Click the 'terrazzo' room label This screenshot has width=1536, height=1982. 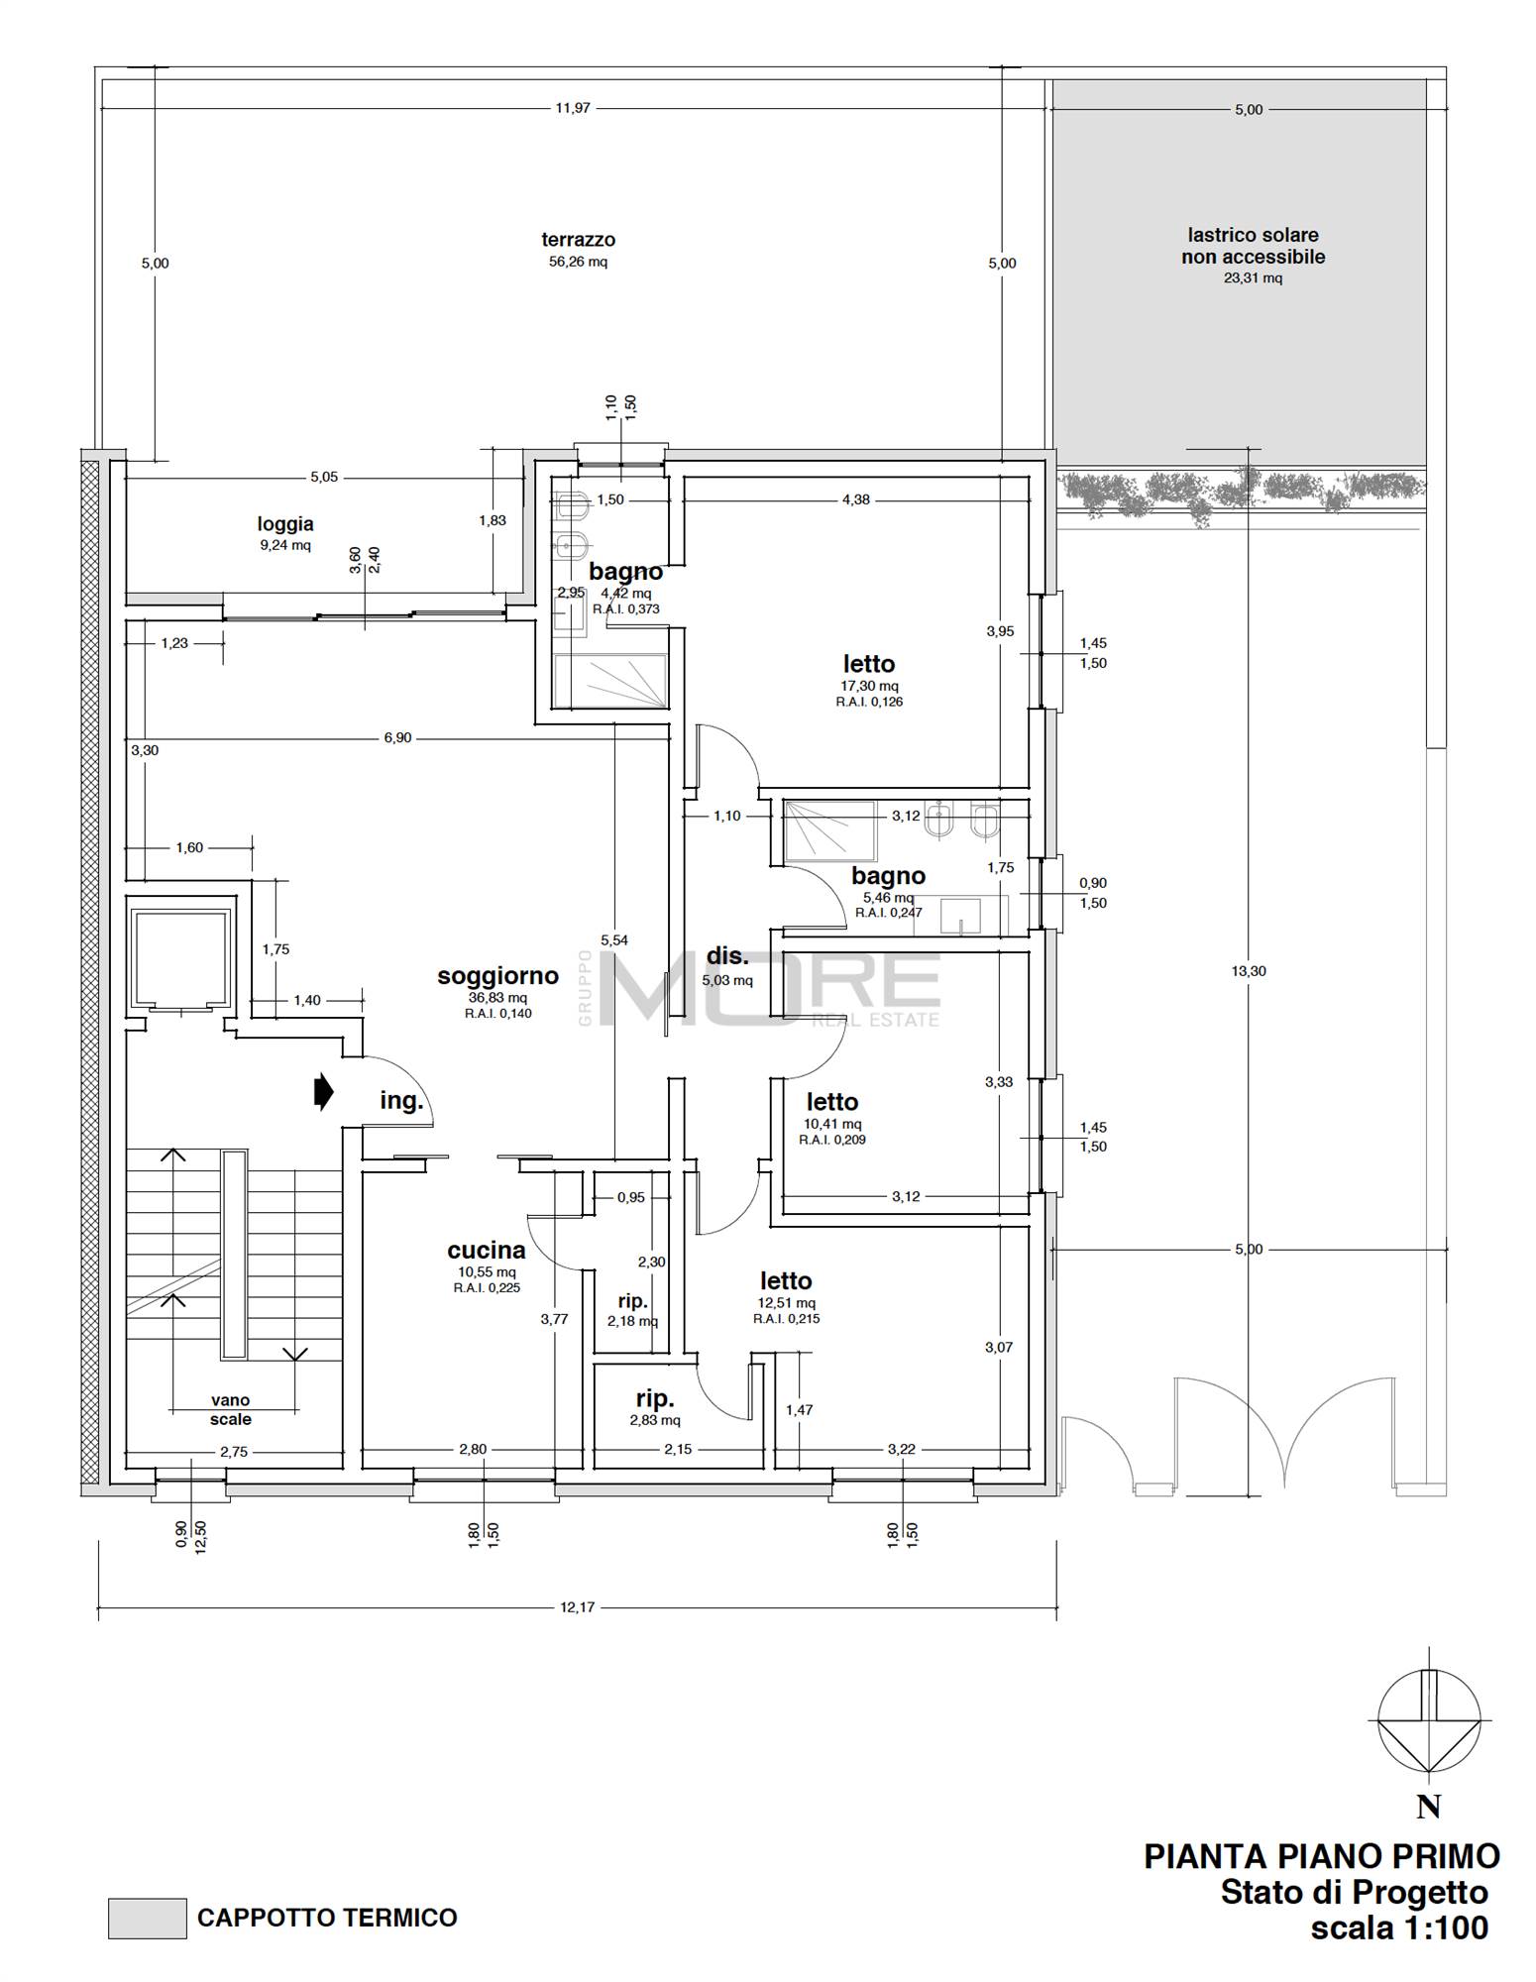point(578,240)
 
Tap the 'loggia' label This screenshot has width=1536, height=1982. point(285,524)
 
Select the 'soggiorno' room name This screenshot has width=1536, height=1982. point(497,976)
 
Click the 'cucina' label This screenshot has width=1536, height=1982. point(486,1251)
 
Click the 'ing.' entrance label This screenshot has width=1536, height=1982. point(401,1101)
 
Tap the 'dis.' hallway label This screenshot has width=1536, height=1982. point(727,956)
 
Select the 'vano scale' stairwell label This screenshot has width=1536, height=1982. point(230,1409)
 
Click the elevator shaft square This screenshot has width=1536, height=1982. point(181,955)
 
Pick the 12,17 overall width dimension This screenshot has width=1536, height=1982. point(577,1606)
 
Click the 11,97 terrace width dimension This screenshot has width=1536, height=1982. point(572,108)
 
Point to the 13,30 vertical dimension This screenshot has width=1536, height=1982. point(1249,971)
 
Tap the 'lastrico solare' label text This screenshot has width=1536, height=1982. point(1253,236)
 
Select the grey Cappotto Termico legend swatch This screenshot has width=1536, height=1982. point(147,1919)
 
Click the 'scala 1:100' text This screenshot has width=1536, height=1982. point(1398,1928)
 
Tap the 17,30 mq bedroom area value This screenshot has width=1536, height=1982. point(868,686)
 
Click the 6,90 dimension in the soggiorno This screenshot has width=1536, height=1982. point(396,737)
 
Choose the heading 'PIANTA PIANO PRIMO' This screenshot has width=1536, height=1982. point(1321,1855)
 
